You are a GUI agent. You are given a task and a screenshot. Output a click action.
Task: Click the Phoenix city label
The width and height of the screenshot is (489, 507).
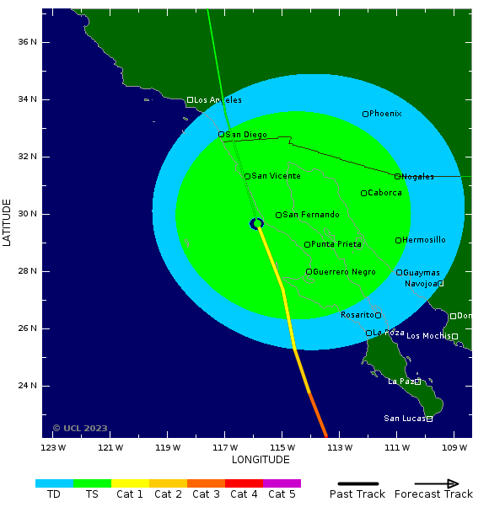385,114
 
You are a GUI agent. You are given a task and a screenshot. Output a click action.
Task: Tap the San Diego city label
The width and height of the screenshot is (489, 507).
245,135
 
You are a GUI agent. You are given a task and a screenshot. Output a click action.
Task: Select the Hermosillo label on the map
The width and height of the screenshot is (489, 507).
423,240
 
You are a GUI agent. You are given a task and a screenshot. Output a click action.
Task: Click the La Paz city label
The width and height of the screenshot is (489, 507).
400,382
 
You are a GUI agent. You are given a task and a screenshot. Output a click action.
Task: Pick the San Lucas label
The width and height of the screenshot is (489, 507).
404,419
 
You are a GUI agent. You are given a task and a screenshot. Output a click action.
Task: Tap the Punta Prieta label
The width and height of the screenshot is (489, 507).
336,244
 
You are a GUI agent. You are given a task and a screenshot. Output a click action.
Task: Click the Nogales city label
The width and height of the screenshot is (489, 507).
417,177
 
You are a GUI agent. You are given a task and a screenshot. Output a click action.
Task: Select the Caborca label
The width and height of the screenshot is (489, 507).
384,193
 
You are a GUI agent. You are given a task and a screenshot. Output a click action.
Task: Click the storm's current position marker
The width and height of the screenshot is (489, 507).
257,223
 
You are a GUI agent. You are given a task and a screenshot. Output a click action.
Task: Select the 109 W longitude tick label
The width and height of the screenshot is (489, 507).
454,447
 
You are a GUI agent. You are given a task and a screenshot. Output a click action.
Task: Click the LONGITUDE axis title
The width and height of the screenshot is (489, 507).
261,460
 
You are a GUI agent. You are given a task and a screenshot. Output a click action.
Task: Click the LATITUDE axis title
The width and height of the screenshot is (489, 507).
8,222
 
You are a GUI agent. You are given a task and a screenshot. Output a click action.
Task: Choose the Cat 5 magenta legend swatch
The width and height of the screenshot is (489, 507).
282,483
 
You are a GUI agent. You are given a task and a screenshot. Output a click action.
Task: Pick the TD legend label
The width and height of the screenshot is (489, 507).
54,494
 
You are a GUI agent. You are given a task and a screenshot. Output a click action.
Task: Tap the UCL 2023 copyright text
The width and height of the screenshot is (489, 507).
80,428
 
